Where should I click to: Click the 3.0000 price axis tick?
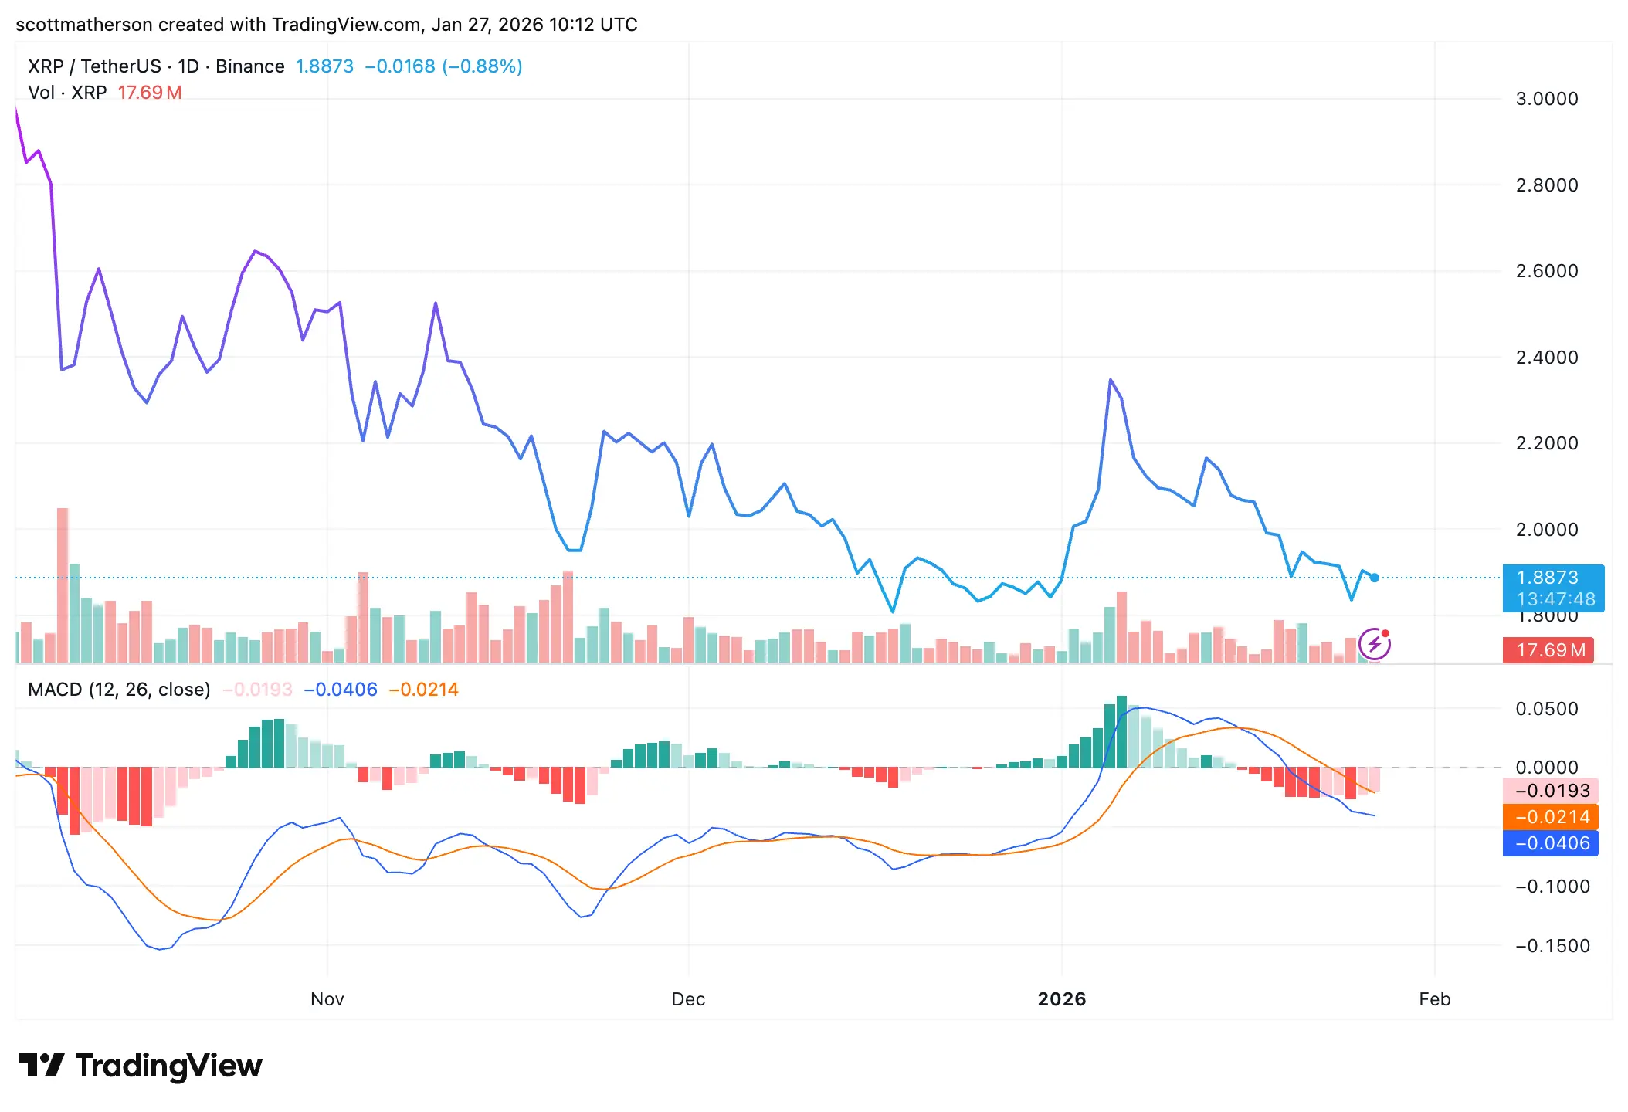point(1546,99)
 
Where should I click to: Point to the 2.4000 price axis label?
point(1546,358)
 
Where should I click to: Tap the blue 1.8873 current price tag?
point(1552,588)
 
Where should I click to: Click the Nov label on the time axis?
point(327,999)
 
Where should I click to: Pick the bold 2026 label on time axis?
point(1062,999)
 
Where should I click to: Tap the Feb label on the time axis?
point(1434,999)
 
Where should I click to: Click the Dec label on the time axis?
point(688,999)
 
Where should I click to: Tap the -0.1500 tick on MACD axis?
point(1552,946)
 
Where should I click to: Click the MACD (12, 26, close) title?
point(119,690)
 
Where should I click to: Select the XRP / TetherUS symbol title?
point(94,66)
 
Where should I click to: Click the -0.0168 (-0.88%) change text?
point(443,66)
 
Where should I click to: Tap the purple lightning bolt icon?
point(1374,644)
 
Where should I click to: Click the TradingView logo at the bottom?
point(140,1066)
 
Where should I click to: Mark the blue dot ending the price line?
point(1375,578)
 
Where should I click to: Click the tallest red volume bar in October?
point(63,585)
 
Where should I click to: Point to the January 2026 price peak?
point(1111,380)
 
